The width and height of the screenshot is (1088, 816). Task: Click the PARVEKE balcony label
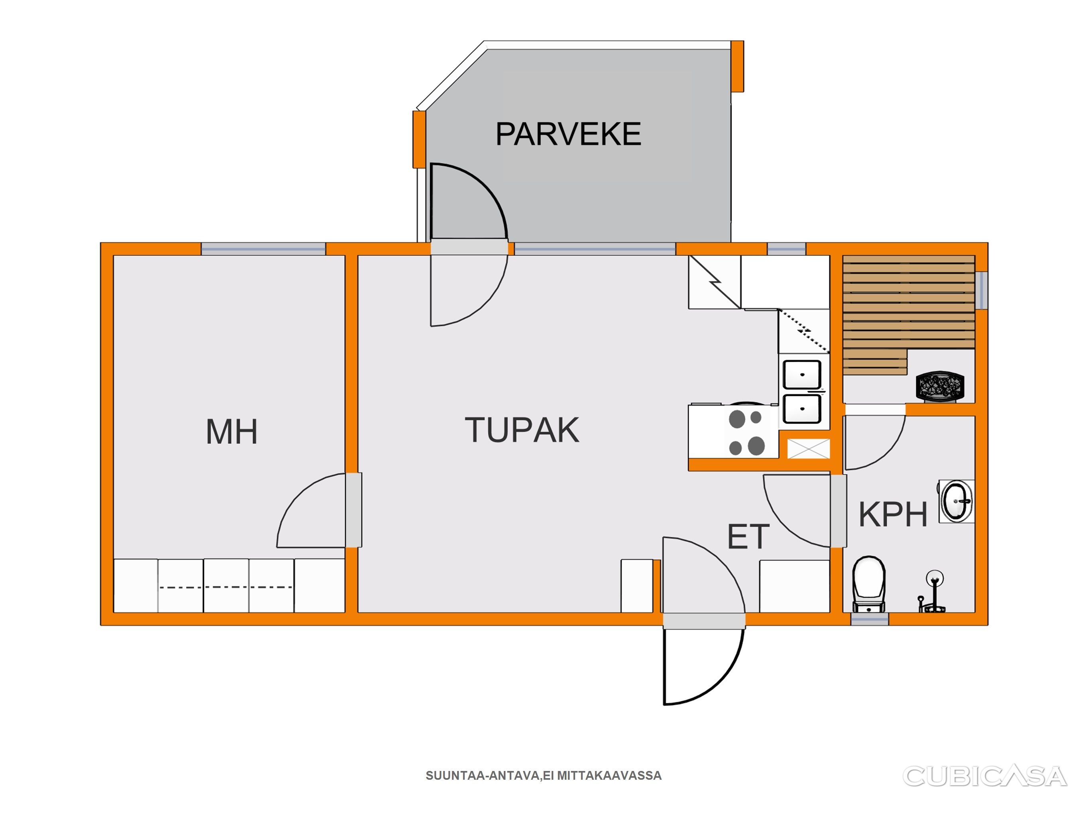(568, 134)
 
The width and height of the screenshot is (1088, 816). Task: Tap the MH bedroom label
(231, 432)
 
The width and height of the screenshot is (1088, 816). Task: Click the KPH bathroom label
(893, 514)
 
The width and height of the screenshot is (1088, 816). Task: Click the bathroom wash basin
(956, 501)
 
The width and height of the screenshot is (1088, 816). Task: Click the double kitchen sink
(802, 392)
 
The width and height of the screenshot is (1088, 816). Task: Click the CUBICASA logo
(985, 776)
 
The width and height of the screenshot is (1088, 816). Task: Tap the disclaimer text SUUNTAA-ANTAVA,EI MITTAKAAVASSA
(544, 776)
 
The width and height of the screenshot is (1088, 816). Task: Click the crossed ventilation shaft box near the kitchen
(809, 449)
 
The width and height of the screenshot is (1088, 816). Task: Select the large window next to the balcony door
(595, 249)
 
